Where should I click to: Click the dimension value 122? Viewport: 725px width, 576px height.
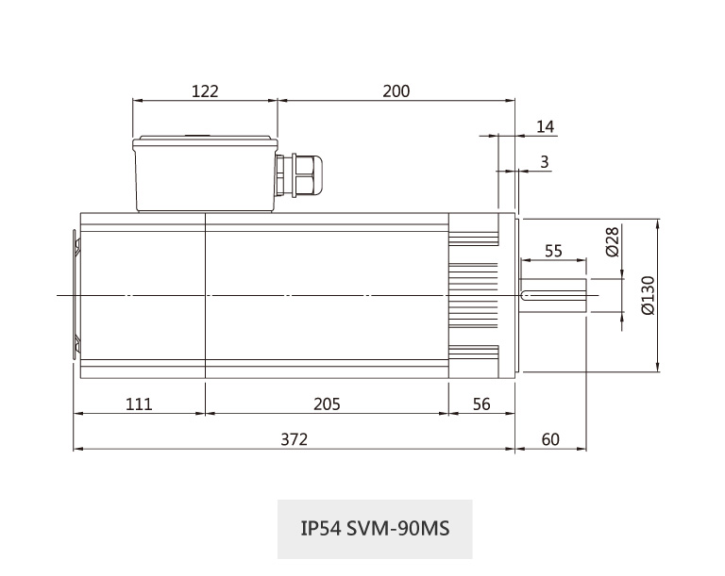[x=205, y=91]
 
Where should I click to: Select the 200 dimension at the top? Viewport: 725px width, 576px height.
[x=396, y=91]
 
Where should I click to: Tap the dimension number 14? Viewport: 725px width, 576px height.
[x=546, y=127]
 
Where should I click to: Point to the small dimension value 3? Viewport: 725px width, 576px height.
[x=545, y=162]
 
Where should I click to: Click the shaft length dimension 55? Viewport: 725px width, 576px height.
[x=553, y=251]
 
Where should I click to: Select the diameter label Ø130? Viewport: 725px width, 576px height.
[x=648, y=295]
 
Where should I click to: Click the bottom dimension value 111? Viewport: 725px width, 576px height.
[x=139, y=404]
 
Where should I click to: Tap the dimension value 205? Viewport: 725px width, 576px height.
[x=326, y=404]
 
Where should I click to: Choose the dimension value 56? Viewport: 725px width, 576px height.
[x=481, y=404]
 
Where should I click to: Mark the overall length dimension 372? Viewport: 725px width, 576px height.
[x=295, y=439]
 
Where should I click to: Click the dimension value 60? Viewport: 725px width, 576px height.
[x=551, y=439]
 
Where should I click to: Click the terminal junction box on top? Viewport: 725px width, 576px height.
[x=205, y=174]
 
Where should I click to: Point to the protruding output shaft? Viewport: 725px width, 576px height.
[x=557, y=295]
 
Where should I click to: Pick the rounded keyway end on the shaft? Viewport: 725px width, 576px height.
[x=527, y=296]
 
